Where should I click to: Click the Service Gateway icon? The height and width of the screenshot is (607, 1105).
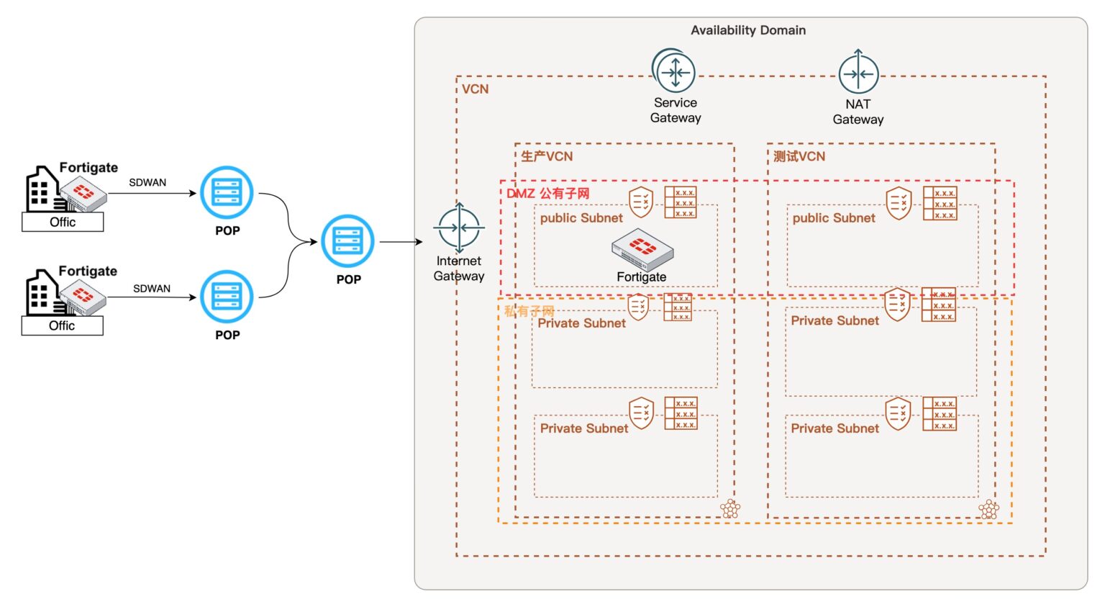tap(674, 72)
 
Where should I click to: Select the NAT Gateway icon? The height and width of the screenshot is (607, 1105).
tap(858, 73)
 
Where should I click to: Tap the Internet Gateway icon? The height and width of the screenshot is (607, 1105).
tap(459, 228)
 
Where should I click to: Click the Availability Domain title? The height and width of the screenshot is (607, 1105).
tap(748, 30)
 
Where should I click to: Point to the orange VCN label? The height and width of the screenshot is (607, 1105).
tap(475, 89)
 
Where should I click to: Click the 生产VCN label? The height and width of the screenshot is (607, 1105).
tap(547, 156)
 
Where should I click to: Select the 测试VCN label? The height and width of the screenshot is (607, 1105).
tap(799, 156)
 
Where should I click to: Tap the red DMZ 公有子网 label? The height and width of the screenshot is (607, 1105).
tap(548, 193)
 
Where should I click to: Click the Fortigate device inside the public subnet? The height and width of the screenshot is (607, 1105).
tap(642, 249)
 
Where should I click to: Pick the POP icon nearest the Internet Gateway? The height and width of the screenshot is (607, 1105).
tap(348, 241)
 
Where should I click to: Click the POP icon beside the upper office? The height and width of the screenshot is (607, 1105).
tap(227, 193)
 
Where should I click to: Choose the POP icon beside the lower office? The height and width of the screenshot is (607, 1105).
tap(227, 297)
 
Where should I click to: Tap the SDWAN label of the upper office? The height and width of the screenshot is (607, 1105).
tap(147, 183)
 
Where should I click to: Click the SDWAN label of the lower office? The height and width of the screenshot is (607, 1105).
tap(152, 289)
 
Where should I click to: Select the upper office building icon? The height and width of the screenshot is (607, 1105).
tap(42, 189)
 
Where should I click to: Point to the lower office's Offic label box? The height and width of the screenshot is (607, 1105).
tap(62, 325)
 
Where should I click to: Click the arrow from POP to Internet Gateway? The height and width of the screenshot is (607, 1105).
tap(401, 242)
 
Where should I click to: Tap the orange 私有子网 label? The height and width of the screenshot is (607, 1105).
tap(529, 311)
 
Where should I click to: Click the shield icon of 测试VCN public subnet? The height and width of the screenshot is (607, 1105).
tap(899, 202)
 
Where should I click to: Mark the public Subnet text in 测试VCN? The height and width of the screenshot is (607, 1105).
tap(834, 218)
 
